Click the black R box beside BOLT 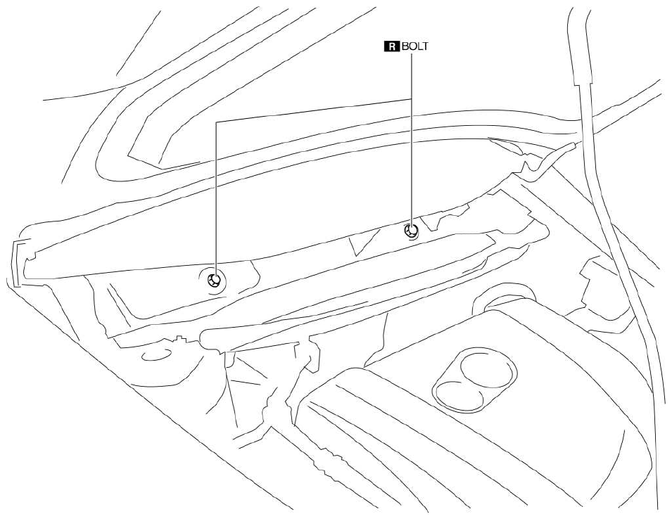point(391,46)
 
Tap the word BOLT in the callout point(415,46)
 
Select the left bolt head point(215,281)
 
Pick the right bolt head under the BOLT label point(411,231)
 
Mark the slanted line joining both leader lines point(314,110)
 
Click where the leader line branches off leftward point(412,99)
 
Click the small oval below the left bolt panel point(157,355)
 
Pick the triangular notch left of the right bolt point(362,242)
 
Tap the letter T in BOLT point(424,46)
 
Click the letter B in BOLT point(405,46)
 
